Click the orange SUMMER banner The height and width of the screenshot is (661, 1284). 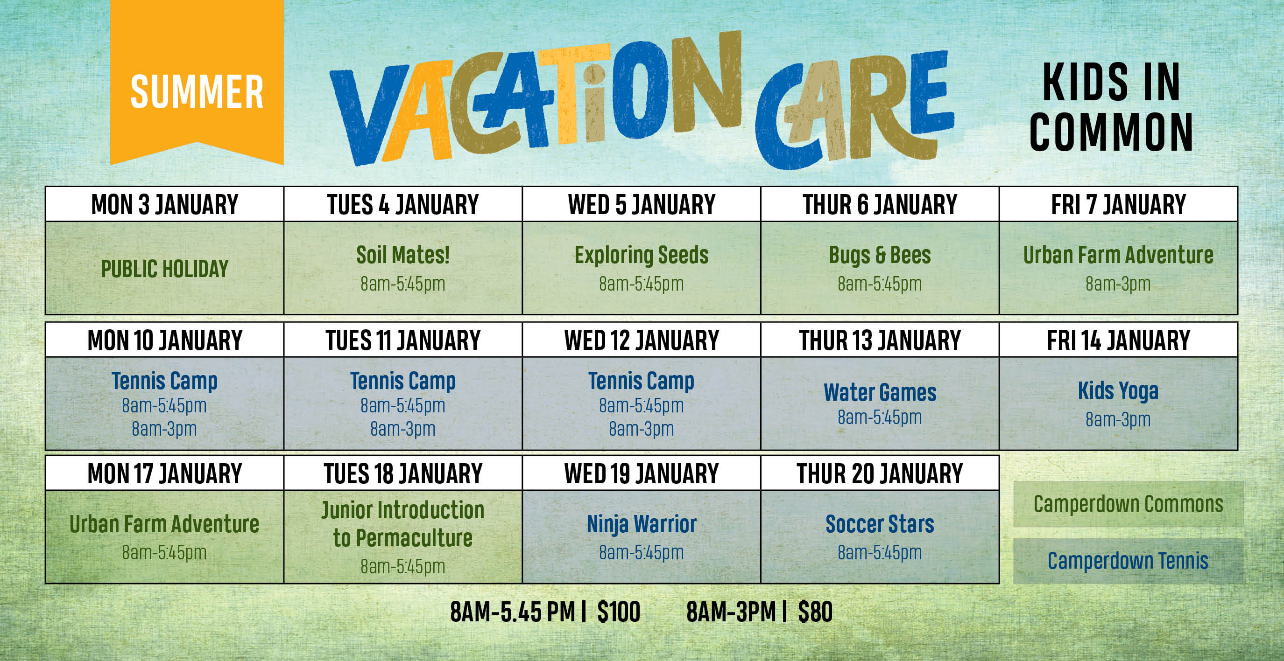coord(197,82)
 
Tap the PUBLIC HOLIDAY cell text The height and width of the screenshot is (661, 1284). coord(164,269)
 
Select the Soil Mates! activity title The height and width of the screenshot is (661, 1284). coord(403,255)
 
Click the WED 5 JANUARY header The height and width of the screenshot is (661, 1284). coord(642,204)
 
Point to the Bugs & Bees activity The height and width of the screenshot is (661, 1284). coord(880,255)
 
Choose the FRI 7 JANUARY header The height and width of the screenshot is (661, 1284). coord(1119,204)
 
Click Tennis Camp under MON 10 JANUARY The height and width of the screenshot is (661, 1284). coord(164,382)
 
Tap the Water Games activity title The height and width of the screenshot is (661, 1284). coord(880,392)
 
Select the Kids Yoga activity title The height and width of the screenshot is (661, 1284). coord(1118,391)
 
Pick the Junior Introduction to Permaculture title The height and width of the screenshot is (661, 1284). coord(403,524)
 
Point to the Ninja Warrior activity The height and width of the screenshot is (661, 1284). coord(642,524)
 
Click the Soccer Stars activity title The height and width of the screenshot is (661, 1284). coord(880,524)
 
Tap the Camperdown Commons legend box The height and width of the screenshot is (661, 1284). coord(1129,504)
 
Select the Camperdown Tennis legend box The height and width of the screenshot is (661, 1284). coord(1129,561)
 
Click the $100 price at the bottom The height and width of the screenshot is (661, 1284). coord(619,612)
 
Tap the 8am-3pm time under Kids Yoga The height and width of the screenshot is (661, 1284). coord(1118,420)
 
